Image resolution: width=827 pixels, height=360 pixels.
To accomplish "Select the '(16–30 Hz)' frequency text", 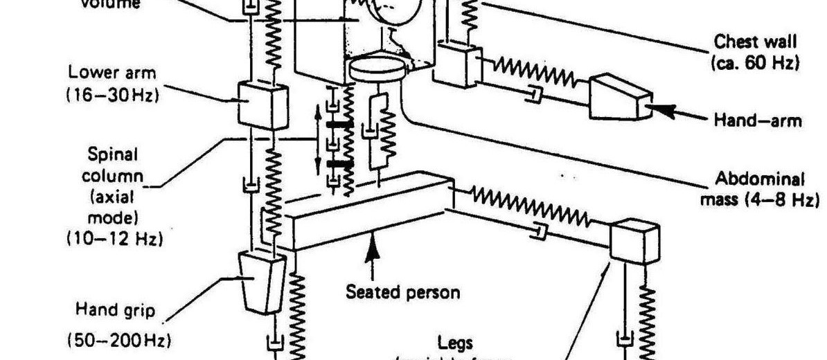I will tap(112, 95).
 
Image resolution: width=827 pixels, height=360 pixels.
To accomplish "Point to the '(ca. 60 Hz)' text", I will tap(755, 62).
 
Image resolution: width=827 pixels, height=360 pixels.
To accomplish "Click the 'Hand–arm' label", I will tap(758, 120).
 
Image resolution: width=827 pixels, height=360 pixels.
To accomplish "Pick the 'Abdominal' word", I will tap(760, 179).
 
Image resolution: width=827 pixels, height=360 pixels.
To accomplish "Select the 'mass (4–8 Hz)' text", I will tap(759, 200).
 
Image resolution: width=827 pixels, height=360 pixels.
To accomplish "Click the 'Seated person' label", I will tap(402, 291).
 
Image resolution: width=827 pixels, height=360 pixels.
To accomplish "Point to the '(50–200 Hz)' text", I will tap(119, 341).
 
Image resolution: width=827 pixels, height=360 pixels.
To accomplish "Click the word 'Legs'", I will tap(454, 342).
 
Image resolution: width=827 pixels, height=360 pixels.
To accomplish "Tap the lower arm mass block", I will tap(263, 105).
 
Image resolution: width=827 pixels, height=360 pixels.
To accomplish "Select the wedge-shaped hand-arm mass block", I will tap(619, 98).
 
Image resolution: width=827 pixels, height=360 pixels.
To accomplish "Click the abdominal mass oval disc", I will tap(377, 68).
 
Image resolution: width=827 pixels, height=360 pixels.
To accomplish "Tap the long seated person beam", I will tap(367, 215).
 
